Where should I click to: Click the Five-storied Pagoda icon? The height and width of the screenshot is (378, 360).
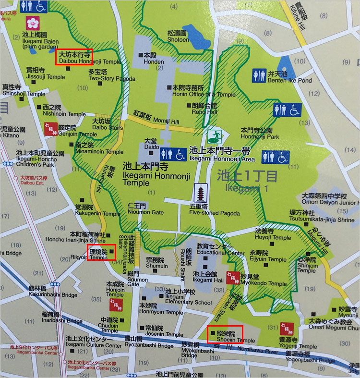click(x=200, y=194)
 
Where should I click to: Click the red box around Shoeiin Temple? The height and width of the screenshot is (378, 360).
click(x=225, y=334)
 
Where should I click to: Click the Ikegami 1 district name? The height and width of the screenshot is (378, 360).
click(x=247, y=181)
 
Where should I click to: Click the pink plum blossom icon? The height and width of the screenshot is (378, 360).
click(x=33, y=22)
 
